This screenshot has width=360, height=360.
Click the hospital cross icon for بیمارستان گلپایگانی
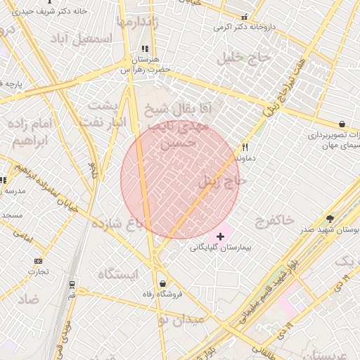pyautogui.click(x=221, y=237)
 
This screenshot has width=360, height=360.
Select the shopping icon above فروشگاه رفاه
pyautogui.click(x=163, y=283)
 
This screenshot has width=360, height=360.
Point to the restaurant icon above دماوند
pyautogui.click(x=245, y=148)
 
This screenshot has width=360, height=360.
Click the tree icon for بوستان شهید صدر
pyautogui.click(x=330, y=219)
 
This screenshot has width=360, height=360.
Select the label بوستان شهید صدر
pyautogui.click(x=330, y=230)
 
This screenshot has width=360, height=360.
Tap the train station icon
pyautogui.click(x=72, y=284)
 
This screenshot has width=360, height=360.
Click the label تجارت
pyautogui.click(x=38, y=272)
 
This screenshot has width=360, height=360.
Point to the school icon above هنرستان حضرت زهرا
pyautogui.click(x=145, y=49)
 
